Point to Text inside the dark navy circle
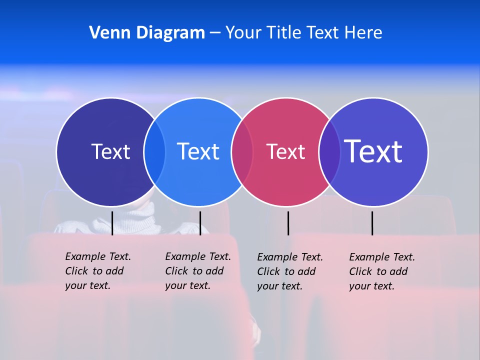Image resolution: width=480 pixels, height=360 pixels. (110, 151)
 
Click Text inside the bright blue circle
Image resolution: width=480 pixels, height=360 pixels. (198, 151)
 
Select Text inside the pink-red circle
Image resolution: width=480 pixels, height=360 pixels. (285, 152)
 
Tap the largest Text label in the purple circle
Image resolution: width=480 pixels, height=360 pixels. (373, 151)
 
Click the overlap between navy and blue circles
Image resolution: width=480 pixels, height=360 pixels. (154, 151)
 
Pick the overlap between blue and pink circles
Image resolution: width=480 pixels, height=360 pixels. (242, 151)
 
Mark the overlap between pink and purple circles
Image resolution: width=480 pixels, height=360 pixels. (329, 151)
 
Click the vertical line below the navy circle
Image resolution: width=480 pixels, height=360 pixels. (112, 223)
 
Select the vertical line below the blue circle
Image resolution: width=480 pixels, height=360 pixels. (200, 223)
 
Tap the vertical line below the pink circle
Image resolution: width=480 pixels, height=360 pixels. (288, 223)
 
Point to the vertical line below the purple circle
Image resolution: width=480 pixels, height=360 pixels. (372, 223)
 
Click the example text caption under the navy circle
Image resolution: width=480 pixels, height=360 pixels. (97, 271)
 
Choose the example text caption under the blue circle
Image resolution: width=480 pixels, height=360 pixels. (197, 271)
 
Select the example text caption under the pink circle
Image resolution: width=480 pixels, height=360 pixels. (289, 271)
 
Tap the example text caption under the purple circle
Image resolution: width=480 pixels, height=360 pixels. (381, 271)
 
